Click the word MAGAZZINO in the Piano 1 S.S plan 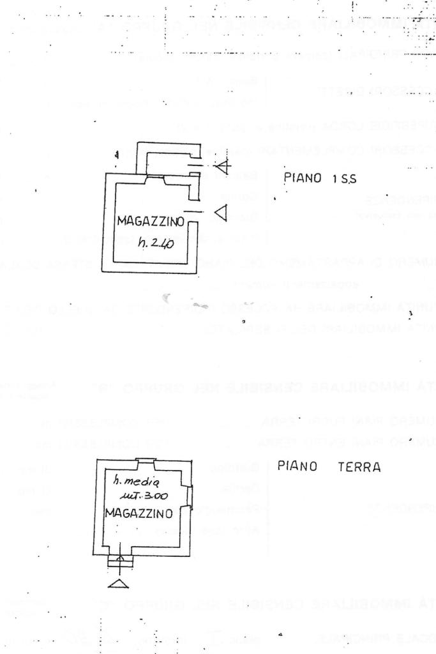(151, 222)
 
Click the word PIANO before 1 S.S (303, 179)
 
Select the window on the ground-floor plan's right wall (189, 496)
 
